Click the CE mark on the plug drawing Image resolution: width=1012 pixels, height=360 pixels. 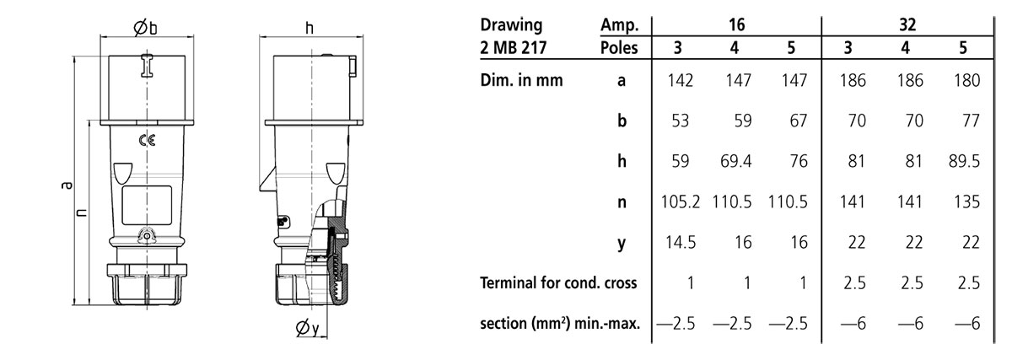(x=147, y=141)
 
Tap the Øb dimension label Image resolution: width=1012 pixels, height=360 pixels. (x=145, y=28)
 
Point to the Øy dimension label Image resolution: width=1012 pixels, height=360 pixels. (x=307, y=327)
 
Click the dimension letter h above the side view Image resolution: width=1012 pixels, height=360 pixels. (x=309, y=28)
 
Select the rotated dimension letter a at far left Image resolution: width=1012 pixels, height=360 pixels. (x=67, y=185)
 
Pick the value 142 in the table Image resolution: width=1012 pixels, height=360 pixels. (x=680, y=80)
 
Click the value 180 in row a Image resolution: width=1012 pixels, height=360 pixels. (x=966, y=80)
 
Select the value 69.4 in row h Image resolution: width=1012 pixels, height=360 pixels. (x=736, y=161)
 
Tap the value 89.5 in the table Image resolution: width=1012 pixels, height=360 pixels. (x=964, y=161)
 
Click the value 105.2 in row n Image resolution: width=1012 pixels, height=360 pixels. (x=681, y=201)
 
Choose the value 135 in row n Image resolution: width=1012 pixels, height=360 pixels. (x=966, y=201)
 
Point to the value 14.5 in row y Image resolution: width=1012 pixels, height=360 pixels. (x=680, y=243)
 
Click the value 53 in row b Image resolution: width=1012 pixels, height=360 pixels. (x=680, y=121)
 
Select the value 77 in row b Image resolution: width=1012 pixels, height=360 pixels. (x=971, y=121)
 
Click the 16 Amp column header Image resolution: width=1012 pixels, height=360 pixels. (x=736, y=24)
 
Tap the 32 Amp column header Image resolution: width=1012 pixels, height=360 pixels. (x=907, y=24)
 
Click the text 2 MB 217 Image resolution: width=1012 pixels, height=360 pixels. (x=514, y=47)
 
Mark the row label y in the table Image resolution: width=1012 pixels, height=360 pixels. (x=622, y=244)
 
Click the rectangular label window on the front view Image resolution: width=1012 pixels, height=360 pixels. (x=147, y=206)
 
